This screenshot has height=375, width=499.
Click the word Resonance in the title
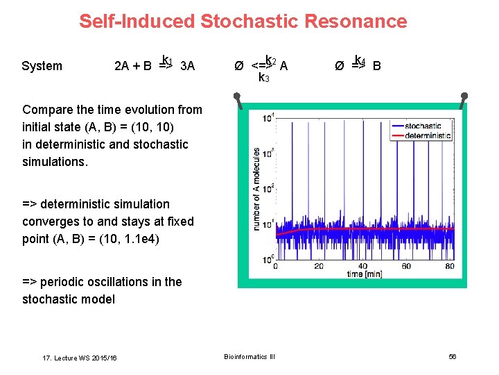pyautogui.click(x=362, y=22)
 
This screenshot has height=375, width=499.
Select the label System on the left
pyautogui.click(x=42, y=66)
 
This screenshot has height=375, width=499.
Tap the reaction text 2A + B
pyautogui.click(x=133, y=67)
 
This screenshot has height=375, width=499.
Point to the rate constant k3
pyautogui.click(x=263, y=78)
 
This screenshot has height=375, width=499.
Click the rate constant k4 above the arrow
pyautogui.click(x=360, y=60)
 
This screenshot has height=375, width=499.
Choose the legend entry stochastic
pyautogui.click(x=422, y=126)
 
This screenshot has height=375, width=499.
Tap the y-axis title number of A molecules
pyautogui.click(x=256, y=187)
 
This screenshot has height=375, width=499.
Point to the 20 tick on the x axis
pyautogui.click(x=319, y=266)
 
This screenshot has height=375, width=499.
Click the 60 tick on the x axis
pyautogui.click(x=405, y=266)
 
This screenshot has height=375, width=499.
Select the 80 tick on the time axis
pyautogui.click(x=449, y=266)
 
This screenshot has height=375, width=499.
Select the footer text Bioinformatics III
pyautogui.click(x=249, y=356)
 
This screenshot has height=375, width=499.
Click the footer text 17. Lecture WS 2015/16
pyautogui.click(x=80, y=358)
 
